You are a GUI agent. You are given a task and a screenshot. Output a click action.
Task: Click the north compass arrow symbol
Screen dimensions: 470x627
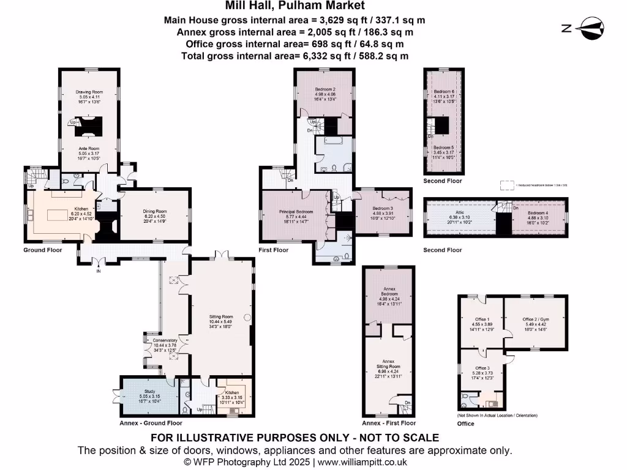[582, 28]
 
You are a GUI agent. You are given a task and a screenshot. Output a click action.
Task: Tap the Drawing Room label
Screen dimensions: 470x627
[87, 92]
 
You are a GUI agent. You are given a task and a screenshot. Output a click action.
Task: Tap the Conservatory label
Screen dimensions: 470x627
[165, 340]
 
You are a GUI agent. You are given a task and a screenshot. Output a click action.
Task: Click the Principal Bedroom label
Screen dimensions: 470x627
[296, 212]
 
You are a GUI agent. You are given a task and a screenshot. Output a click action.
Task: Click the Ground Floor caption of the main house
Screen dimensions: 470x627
[43, 250]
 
